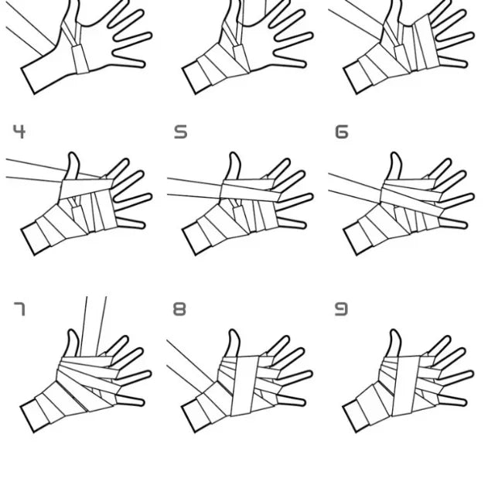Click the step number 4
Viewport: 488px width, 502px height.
coord(19,131)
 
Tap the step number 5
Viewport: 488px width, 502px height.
coord(180,131)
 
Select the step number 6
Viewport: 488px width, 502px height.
coord(341,131)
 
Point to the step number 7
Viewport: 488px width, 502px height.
coord(19,309)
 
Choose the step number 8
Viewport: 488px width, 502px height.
coord(179,309)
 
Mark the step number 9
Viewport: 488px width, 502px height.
coord(341,309)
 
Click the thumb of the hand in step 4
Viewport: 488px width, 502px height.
coord(73,166)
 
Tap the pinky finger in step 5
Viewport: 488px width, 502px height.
coord(292,223)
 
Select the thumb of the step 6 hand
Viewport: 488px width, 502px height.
coord(395,166)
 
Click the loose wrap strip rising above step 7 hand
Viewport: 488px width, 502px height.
coord(93,326)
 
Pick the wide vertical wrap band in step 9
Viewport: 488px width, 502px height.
coord(406,386)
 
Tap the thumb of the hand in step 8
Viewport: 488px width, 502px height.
coord(234,343)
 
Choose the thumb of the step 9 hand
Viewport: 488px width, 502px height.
coord(394,343)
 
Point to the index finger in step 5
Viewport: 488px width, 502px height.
coord(279,169)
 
